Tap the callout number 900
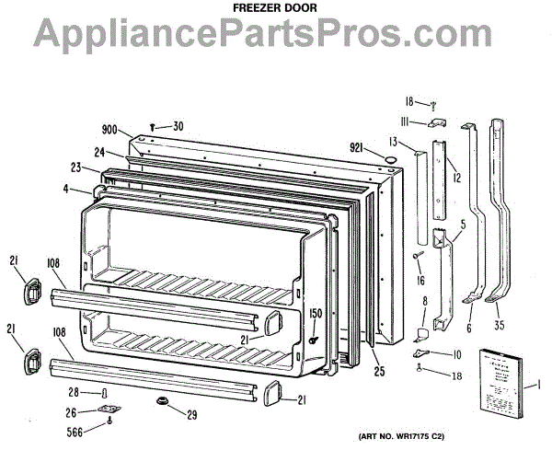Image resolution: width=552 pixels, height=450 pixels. (109, 130)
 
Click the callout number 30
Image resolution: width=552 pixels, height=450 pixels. (178, 126)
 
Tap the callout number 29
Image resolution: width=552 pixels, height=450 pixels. (191, 415)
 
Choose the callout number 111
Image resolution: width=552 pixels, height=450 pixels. (404, 121)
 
